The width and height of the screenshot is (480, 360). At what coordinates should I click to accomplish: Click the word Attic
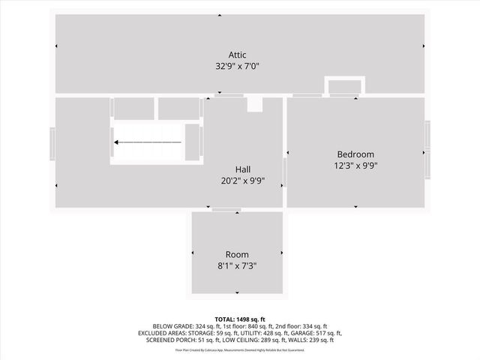tap(237, 54)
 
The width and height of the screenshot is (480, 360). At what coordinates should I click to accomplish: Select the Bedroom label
tap(355, 154)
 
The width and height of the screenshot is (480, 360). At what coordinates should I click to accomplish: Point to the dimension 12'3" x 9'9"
tap(355, 166)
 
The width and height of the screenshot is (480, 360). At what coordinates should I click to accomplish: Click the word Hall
tap(243, 169)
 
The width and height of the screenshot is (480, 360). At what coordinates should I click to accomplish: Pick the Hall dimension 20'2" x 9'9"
tap(243, 181)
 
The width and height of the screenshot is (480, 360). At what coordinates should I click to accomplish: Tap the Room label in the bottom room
tap(237, 254)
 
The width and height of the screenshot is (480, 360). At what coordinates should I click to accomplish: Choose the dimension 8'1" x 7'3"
tap(237, 266)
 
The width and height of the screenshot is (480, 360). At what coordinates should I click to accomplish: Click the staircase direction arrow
tap(147, 142)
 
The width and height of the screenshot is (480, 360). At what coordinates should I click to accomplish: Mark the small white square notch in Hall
tap(255, 104)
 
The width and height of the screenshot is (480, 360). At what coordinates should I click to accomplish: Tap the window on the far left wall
tap(52, 144)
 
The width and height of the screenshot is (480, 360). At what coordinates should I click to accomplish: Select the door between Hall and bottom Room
tap(220, 210)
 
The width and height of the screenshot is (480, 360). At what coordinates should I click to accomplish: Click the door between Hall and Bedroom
tap(285, 172)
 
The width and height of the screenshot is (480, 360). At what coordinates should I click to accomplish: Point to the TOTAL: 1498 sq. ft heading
tap(240, 319)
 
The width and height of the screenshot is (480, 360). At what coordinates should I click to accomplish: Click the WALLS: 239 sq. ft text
tap(307, 340)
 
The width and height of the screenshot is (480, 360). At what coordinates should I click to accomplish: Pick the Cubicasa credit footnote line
tap(240, 350)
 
